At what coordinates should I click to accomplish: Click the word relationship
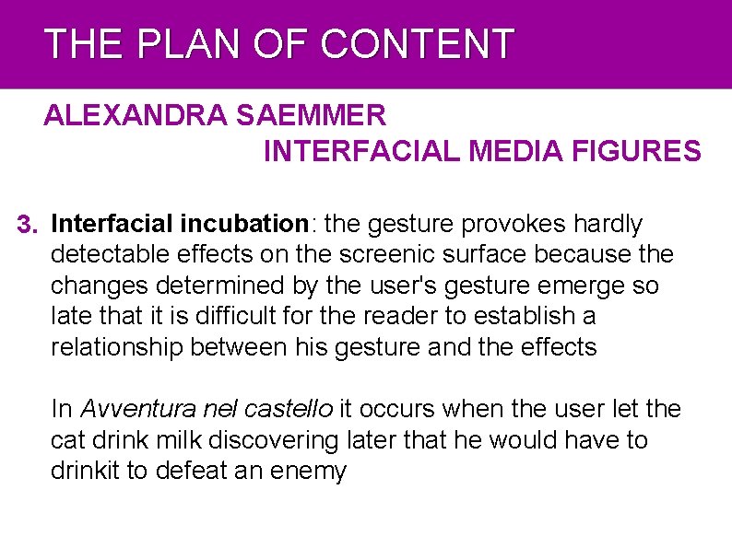(116, 347)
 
